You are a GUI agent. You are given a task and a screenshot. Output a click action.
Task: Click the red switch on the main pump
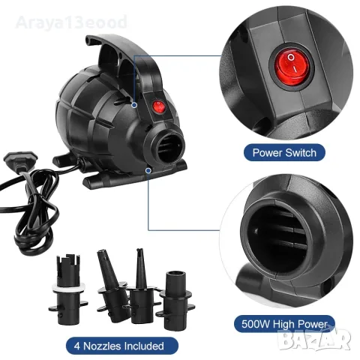click(159, 106)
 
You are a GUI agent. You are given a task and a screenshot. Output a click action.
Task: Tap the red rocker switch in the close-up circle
click(291, 66)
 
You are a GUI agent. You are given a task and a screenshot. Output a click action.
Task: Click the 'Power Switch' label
click(284, 152)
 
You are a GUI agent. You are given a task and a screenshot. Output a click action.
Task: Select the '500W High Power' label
click(284, 324)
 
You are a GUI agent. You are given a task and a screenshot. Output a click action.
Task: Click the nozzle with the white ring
click(68, 289)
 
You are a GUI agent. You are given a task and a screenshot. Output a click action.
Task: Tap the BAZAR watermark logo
click(314, 339)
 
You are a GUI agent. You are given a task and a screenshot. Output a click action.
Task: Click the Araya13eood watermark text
click(71, 22)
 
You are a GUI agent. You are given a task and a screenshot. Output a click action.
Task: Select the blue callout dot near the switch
click(134, 105)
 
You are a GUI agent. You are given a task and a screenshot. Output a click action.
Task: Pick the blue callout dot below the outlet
click(148, 170)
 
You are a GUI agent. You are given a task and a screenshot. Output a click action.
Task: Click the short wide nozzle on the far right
click(175, 300)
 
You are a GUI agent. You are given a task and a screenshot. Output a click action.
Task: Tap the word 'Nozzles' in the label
click(102, 346)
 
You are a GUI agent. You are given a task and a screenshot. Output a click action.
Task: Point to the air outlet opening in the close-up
click(277, 238)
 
